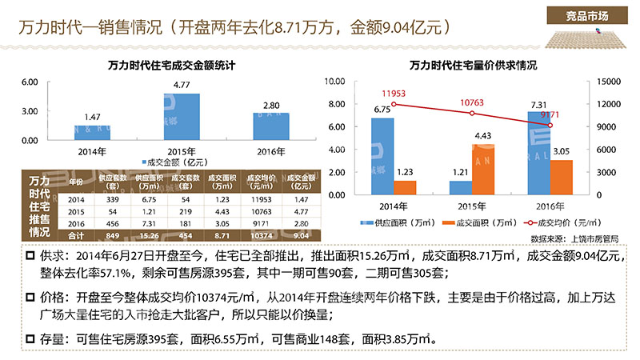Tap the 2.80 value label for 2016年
click(271, 105)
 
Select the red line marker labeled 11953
click(382, 103)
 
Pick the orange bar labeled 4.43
click(482, 170)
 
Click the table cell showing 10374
click(264, 236)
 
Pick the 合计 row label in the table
click(76, 236)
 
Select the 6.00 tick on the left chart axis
click(29, 82)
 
